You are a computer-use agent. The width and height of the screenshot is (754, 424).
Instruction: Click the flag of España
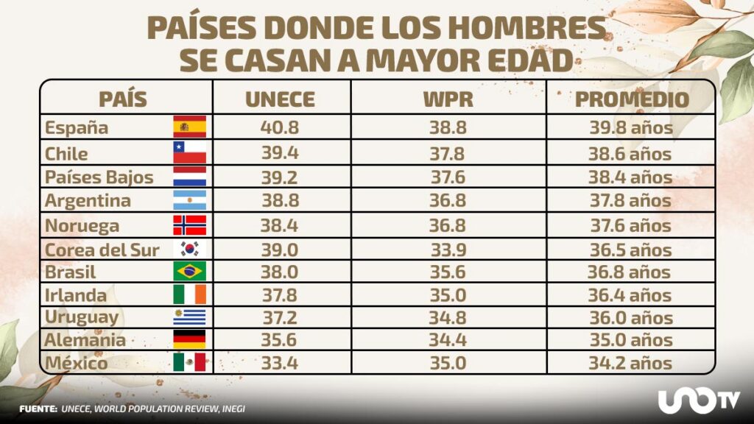189,127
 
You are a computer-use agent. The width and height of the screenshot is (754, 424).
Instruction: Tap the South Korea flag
189,250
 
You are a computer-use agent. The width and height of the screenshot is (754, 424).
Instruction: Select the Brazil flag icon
189,272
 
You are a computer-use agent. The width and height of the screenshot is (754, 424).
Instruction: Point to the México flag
189,363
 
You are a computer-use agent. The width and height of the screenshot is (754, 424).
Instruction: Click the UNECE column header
280,100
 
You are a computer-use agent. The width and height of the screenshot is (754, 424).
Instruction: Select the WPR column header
448,100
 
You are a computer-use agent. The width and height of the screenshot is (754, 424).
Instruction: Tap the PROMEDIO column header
632,100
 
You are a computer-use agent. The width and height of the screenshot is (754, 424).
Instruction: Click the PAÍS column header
123,100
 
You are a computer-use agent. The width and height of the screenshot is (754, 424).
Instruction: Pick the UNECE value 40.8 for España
280,127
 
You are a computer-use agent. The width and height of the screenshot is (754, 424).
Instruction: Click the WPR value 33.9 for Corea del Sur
448,250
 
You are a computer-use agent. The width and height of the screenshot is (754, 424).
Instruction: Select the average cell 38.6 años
630,154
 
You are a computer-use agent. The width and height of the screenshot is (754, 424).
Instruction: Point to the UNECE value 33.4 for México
280,363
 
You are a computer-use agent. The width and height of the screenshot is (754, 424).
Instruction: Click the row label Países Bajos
99,177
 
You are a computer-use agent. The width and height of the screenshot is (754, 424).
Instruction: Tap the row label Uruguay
82,317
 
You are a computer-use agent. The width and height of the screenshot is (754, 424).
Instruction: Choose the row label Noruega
82,225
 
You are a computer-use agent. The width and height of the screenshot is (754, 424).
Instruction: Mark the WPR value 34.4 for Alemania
448,340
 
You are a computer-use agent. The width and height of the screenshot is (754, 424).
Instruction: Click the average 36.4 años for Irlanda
630,295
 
